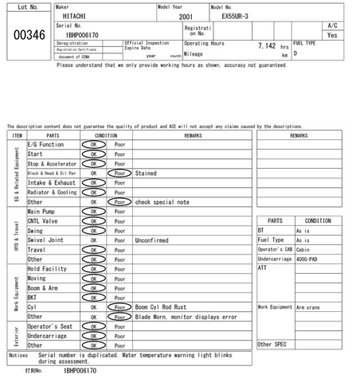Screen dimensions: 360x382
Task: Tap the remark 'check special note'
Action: coord(162,202)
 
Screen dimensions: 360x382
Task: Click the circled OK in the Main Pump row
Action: coord(93,212)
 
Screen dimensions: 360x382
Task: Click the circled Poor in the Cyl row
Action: coord(119,306)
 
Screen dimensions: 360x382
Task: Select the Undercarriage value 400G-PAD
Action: coord(307,259)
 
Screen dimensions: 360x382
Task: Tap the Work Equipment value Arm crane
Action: coord(307,306)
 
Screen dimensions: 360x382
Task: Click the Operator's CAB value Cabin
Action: coord(303,249)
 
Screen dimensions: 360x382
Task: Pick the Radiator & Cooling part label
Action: coord(52,193)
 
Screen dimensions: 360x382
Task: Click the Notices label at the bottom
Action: coord(18,355)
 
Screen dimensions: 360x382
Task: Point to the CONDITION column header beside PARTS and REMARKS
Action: coord(106,135)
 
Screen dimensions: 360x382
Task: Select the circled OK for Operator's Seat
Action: coord(93,325)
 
